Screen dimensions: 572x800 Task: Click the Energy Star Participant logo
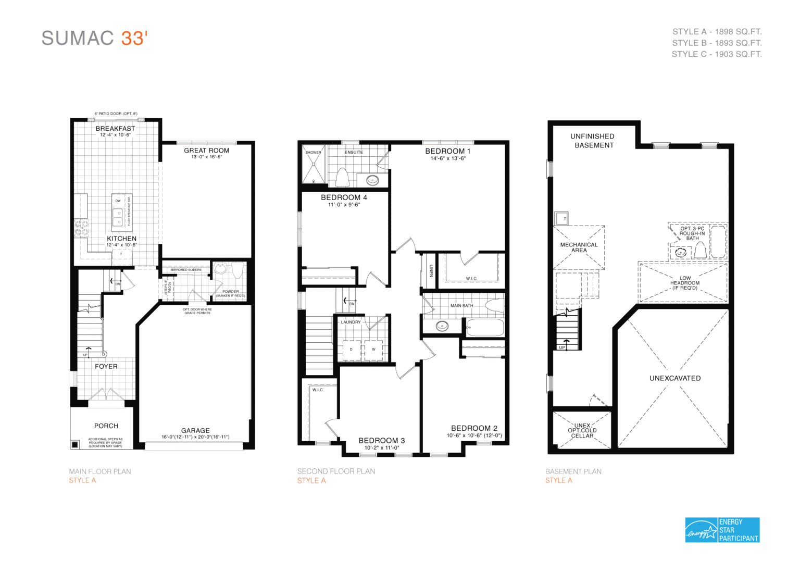tap(722, 530)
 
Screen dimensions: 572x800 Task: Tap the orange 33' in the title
tap(134, 39)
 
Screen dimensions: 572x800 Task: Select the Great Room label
tap(206, 151)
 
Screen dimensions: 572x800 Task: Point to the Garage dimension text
tap(195, 437)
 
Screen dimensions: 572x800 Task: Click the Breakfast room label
tap(115, 128)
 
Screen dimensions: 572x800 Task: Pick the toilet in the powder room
tap(238, 270)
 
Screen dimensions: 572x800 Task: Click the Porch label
tap(106, 426)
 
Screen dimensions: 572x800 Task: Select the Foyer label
tap(106, 366)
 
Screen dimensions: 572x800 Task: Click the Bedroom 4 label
tap(344, 197)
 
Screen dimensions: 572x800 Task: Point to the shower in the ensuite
tap(314, 165)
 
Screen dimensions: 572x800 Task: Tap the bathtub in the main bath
tap(485, 328)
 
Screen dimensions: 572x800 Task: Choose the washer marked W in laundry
tap(373, 350)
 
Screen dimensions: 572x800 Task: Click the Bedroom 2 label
tap(474, 428)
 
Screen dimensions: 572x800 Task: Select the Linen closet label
tap(431, 270)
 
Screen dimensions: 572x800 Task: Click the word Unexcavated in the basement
tap(675, 378)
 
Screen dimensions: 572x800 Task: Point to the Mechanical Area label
tap(579, 247)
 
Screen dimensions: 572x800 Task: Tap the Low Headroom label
tap(685, 283)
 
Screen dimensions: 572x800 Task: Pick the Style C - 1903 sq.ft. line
tap(716, 54)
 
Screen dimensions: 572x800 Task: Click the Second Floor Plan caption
tap(336, 471)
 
